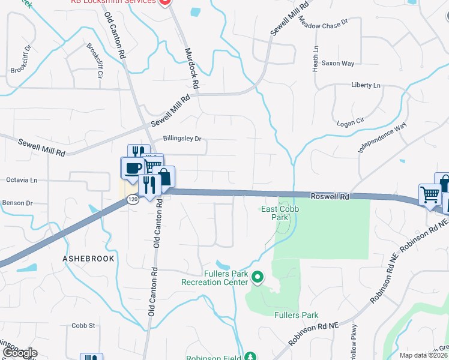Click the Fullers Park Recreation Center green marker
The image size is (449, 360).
tap(258, 277)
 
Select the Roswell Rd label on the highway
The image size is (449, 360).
tap(330, 196)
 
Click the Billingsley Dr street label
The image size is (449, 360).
tap(182, 139)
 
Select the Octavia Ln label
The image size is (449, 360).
tap(22, 179)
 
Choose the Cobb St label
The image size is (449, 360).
tap(83, 325)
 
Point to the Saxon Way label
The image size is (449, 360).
tap(338, 63)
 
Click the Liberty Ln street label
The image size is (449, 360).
tap(366, 86)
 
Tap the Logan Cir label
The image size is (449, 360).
tap(352, 121)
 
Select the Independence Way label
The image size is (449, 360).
tap(382, 138)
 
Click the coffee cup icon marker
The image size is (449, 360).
tap(133, 167)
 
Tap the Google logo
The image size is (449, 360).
tap(19, 353)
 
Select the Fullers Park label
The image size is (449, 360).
tap(296, 314)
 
